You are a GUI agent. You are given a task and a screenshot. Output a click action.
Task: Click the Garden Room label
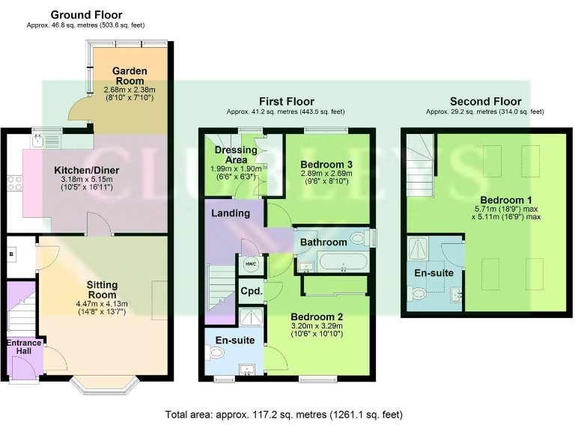[x=130, y=76]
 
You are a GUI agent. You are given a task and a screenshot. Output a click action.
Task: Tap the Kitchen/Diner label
[x=87, y=171]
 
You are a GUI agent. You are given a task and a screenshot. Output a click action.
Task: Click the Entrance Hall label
[x=25, y=346]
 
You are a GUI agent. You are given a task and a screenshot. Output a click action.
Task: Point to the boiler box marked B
[x=11, y=254]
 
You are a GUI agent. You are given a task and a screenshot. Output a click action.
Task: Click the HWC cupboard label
[x=249, y=265]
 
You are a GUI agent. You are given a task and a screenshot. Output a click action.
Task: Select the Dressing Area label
[x=236, y=155]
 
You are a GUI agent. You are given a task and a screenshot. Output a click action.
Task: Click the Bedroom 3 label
[x=326, y=164]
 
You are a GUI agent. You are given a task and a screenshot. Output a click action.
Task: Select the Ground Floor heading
[x=86, y=15]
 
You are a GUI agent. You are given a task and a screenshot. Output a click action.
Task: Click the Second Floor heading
[x=485, y=102]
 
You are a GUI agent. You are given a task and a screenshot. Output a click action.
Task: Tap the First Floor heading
[x=287, y=102]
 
